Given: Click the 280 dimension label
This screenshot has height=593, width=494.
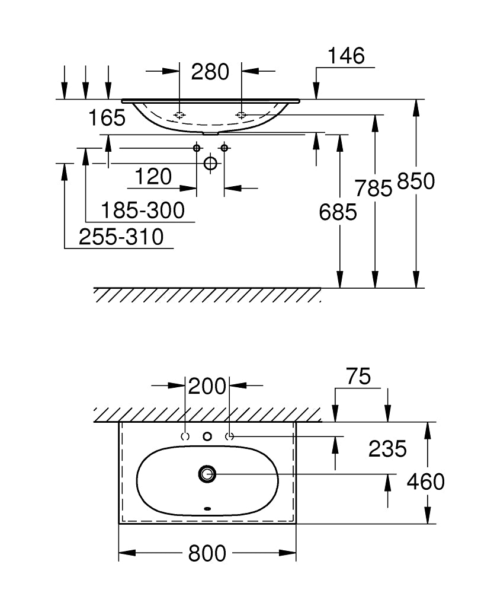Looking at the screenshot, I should click(210, 72).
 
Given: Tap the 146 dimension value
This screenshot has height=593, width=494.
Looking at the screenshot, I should click(346, 56).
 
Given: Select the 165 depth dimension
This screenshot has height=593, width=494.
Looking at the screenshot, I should click(107, 118).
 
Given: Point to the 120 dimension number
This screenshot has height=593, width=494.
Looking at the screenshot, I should click(153, 177).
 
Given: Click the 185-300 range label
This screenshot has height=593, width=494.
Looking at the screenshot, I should click(142, 210).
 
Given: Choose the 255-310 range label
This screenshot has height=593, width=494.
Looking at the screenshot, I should click(121, 238).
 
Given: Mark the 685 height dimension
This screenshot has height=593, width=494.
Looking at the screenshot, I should click(338, 212).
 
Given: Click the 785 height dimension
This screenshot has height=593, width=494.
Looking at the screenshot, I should click(374, 188).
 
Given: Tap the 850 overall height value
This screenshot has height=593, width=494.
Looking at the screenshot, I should click(416, 181).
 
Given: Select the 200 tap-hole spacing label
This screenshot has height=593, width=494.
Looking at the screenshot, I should click(207, 387).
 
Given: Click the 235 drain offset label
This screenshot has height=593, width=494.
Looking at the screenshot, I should click(387, 449).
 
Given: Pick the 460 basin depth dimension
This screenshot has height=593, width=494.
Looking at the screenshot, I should click(425, 482).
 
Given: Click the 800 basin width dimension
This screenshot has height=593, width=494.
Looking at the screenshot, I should click(207, 554).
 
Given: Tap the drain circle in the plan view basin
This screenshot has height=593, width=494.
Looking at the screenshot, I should click(207, 473).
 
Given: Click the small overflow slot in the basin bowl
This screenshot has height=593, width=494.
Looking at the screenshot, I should click(207, 508).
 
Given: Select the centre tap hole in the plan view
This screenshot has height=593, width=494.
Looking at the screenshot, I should click(207, 436).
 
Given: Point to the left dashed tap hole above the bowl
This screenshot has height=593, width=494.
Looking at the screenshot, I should click(185, 436).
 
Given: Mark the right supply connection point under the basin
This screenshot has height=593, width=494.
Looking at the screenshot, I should click(224, 148).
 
